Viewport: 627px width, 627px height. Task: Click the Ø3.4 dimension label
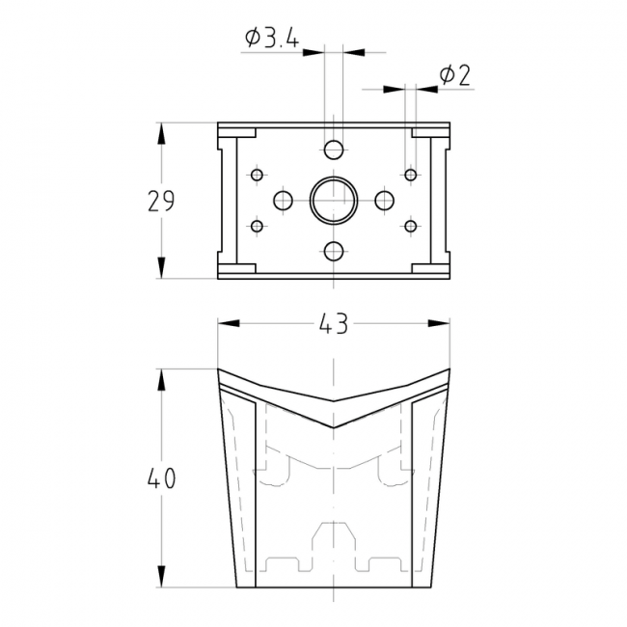pyautogui.click(x=272, y=38)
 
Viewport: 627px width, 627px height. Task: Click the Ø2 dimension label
pyautogui.click(x=454, y=75)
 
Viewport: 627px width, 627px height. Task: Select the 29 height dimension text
pyautogui.click(x=161, y=201)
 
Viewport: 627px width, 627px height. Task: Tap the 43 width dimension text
pyautogui.click(x=334, y=323)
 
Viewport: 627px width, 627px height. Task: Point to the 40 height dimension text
pyautogui.click(x=161, y=478)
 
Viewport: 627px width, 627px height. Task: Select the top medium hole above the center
pyautogui.click(x=334, y=150)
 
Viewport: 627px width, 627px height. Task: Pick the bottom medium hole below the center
pyautogui.click(x=334, y=251)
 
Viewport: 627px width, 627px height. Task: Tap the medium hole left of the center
pyautogui.click(x=283, y=201)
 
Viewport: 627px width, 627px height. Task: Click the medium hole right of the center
pyautogui.click(x=385, y=201)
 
